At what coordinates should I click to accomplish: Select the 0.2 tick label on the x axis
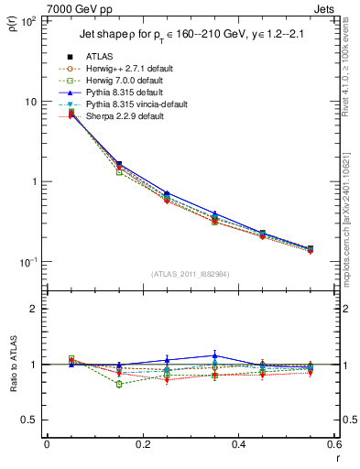142,446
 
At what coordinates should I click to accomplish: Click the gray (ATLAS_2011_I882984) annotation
191,274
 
